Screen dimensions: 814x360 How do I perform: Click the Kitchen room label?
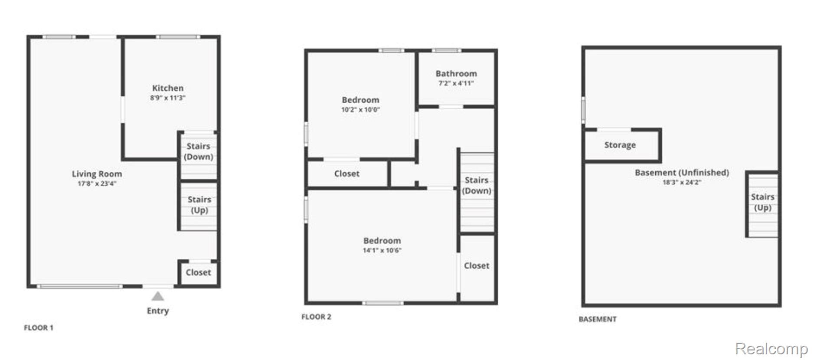pos(168,88)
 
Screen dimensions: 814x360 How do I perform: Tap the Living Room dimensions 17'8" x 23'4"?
pos(97,183)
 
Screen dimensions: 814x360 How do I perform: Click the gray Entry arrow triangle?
pos(158,296)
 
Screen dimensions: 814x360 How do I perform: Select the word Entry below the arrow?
pos(158,311)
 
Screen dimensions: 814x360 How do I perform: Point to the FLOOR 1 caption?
pos(39,328)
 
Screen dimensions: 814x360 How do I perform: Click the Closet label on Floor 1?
pos(198,272)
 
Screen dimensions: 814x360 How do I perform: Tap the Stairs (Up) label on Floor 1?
pos(199,205)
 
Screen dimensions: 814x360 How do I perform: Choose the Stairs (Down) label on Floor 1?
pos(199,151)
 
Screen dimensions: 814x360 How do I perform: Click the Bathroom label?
pos(456,74)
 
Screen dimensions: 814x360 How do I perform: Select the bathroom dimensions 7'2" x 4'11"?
pos(456,83)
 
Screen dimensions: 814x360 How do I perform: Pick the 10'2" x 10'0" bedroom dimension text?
pos(360,110)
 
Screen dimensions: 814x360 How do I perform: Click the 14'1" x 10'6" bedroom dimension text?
pos(382,250)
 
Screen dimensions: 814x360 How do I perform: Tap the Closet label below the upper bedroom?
pos(347,173)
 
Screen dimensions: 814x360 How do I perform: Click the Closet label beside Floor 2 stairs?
pos(477,265)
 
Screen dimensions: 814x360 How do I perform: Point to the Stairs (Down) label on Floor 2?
pos(477,185)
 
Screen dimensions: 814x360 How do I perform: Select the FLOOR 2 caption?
pos(316,317)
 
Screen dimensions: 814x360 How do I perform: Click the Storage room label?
pos(620,145)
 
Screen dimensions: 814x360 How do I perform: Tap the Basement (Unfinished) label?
pos(682,173)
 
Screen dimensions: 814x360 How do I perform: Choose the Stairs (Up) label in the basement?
pos(763,202)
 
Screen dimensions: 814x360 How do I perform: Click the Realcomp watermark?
pos(772,349)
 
